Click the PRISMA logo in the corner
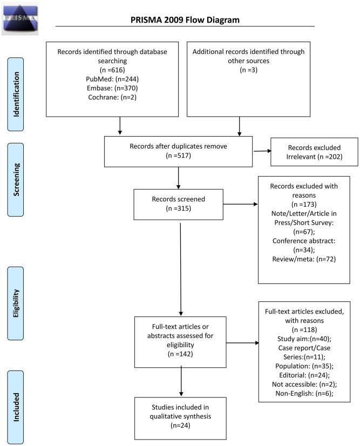click(20, 18)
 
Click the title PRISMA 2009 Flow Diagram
click(185, 20)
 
